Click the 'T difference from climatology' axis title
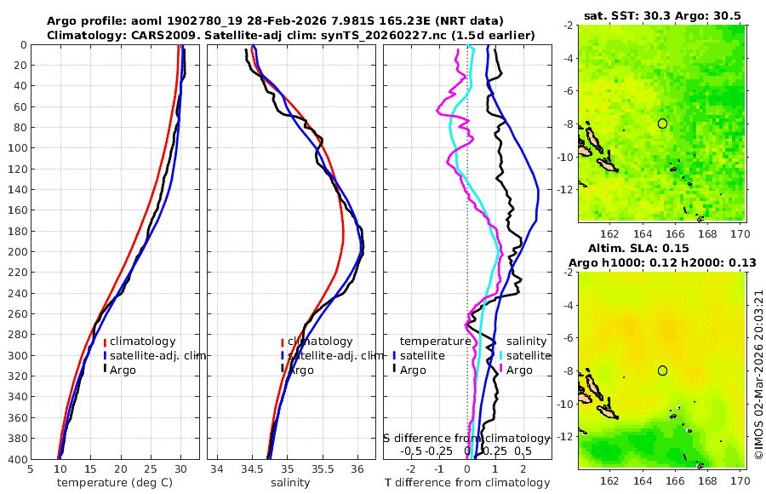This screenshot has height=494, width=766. click(467, 483)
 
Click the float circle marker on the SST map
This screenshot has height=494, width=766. click(662, 123)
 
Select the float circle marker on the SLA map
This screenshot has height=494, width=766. click(662, 370)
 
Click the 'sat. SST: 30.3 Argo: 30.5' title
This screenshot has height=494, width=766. click(661, 15)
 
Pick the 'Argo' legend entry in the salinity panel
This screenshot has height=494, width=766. click(300, 370)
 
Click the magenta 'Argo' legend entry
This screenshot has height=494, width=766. click(519, 370)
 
